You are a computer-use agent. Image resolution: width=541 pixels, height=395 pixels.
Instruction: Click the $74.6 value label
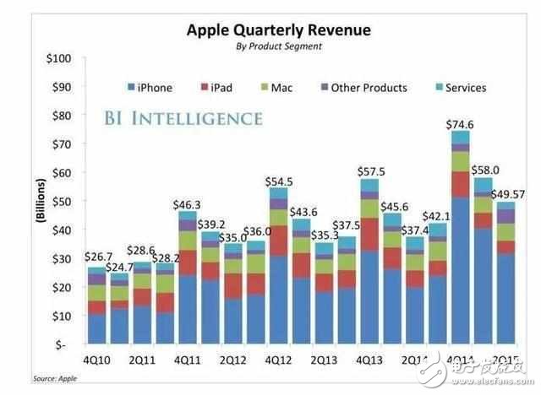coord(461,124)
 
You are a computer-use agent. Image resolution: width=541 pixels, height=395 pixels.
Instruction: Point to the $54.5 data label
coord(279,181)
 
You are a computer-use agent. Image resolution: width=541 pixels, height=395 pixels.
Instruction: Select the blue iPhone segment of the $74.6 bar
coord(461,270)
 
